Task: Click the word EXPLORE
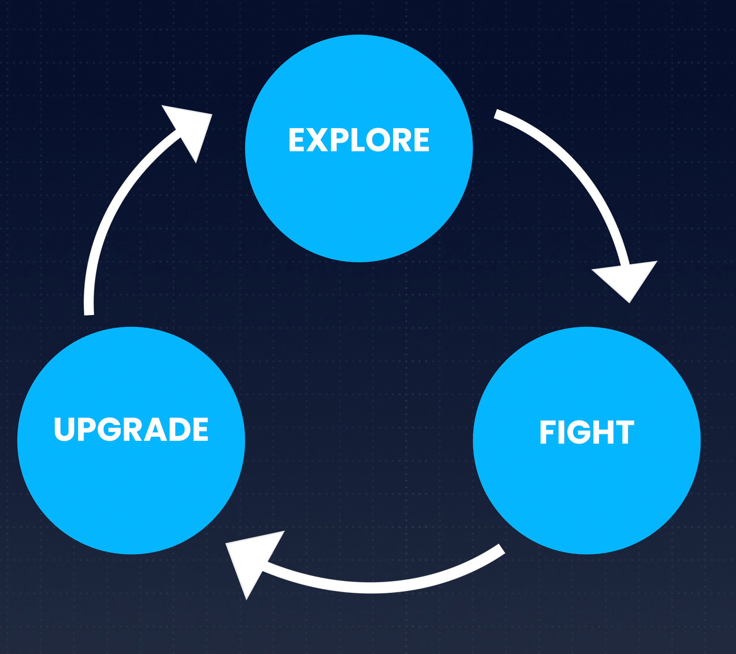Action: pos(359,140)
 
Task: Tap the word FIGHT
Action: pos(587,432)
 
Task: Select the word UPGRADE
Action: pos(131,429)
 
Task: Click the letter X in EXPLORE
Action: pos(317,140)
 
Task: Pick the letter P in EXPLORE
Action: pos(339,140)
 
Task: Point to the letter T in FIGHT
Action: pos(624,432)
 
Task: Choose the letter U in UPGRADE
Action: pos(64,429)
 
